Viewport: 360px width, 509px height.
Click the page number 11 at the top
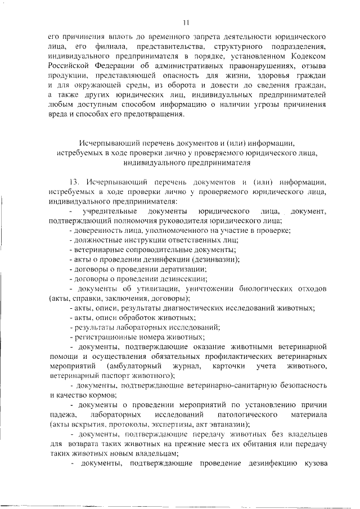pos(186,22)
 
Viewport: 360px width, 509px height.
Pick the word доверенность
pos(95,231)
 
